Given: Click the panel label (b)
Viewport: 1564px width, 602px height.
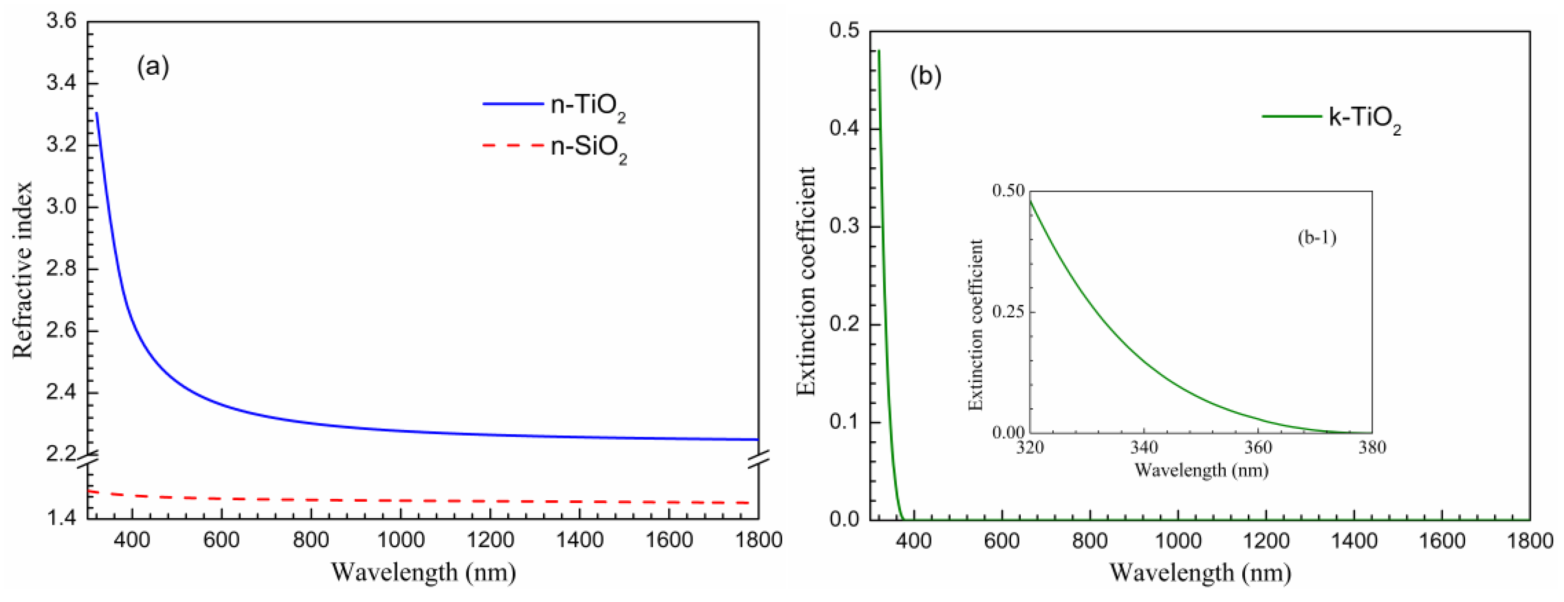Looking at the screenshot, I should point(925,76).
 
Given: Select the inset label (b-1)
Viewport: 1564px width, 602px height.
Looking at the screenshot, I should point(1317,237).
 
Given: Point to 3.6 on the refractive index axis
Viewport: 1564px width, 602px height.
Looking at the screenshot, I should point(61,21).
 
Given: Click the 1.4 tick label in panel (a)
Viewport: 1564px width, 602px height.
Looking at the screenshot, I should point(61,518).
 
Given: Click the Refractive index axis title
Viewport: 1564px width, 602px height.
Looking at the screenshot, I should point(22,270).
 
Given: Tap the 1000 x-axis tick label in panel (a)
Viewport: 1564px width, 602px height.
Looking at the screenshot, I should point(400,539).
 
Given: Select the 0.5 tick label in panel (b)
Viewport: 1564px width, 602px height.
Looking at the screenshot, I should point(844,31).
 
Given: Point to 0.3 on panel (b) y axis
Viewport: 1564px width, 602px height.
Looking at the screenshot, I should point(844,227).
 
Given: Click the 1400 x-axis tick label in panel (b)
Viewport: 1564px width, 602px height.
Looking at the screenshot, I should point(1353,540).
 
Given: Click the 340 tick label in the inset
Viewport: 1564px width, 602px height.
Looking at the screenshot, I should point(1144,448).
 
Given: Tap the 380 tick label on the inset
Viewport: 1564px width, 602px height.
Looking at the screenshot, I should point(1372,448).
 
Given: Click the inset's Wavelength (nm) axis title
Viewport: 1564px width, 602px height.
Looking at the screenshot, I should point(1201,470).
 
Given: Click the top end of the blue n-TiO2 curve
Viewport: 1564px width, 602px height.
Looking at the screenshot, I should point(97,113).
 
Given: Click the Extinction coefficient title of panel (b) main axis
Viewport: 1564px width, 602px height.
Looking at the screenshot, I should point(806,281).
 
